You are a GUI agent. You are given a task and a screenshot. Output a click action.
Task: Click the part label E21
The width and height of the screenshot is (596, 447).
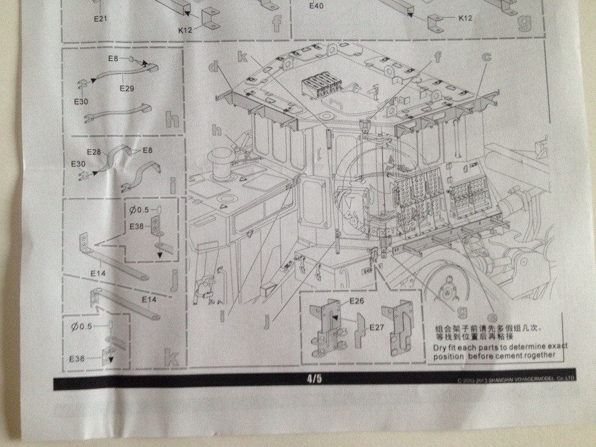click(x=101, y=19)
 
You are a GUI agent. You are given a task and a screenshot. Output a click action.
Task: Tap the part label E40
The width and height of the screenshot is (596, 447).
click(x=317, y=7)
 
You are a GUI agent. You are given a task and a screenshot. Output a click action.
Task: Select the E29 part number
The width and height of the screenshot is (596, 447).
click(x=127, y=88)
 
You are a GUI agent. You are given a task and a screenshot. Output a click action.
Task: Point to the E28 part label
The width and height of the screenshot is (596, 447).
click(x=94, y=152)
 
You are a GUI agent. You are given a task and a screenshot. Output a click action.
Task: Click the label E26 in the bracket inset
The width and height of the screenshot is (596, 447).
click(x=356, y=301)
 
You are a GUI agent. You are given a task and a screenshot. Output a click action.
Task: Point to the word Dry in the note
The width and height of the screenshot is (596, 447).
click(x=441, y=346)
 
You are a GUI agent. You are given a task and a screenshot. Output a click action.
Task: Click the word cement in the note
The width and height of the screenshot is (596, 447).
click(x=507, y=356)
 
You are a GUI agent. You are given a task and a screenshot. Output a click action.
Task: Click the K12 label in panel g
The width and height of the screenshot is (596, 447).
click(x=466, y=18)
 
